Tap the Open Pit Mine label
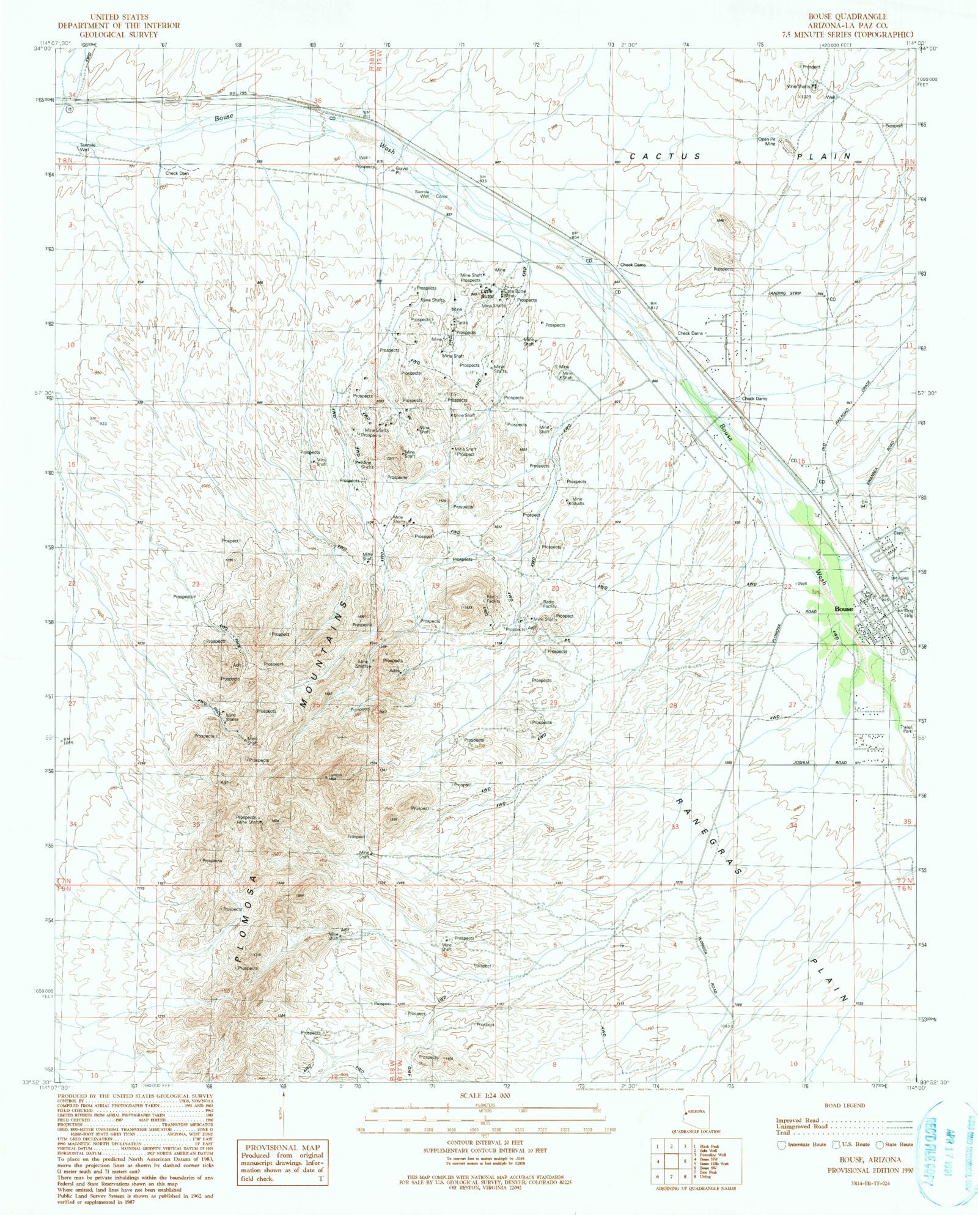pyautogui.click(x=767, y=141)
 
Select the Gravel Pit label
pyautogui.click(x=402, y=170)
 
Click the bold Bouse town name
pyautogui.click(x=844, y=609)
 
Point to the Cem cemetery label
pyautogui.click(x=898, y=533)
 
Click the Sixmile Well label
pyautogui.click(x=422, y=194)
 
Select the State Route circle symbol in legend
pyautogui.click(x=880, y=1144)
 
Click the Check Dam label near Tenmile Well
pyautogui.click(x=177, y=173)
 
